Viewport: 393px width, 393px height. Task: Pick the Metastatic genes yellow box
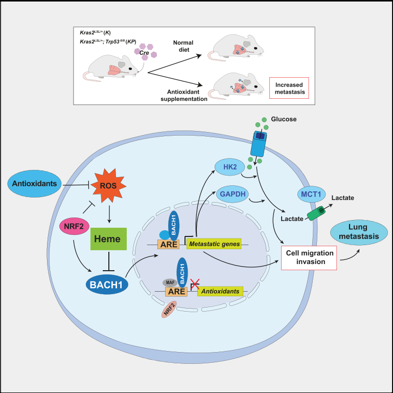[215, 246]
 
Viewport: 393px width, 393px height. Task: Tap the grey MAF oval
[170, 282]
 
